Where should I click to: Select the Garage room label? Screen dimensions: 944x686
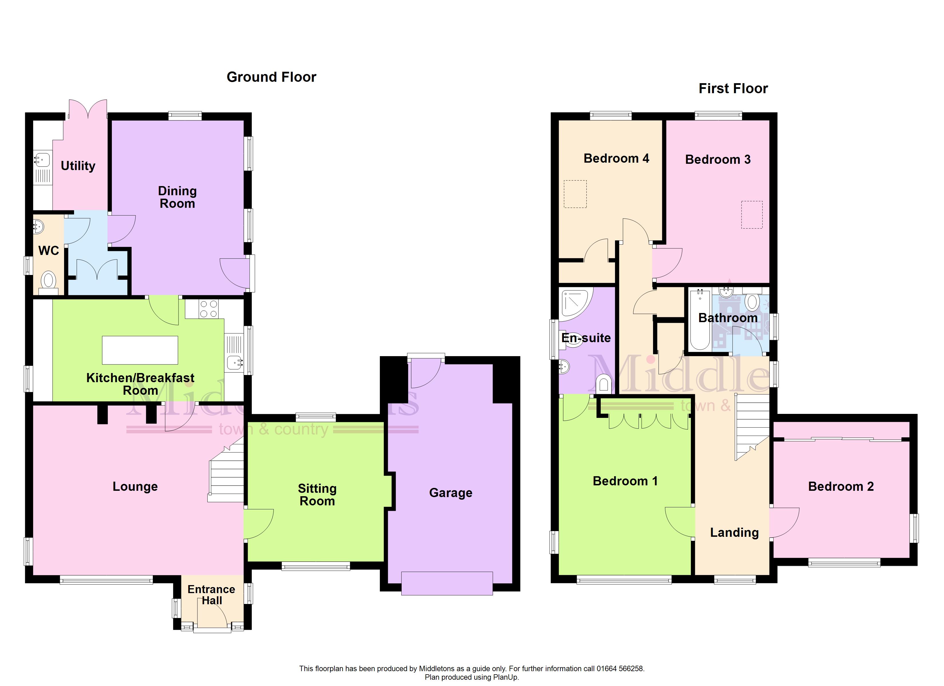coord(451,493)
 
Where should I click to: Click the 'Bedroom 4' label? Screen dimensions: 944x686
coord(616,159)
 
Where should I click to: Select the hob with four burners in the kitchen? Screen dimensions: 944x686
coord(208,309)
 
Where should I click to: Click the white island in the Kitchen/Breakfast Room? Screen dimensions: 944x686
coord(140,350)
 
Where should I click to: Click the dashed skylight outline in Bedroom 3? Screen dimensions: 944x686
coord(752,215)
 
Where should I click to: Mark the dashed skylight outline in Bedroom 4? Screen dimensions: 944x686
coord(575,194)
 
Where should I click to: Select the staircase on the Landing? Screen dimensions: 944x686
coord(752,426)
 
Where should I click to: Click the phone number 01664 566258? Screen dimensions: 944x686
coord(620,669)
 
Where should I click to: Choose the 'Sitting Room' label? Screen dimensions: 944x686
coord(317,495)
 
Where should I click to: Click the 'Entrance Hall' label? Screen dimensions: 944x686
coord(211,595)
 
